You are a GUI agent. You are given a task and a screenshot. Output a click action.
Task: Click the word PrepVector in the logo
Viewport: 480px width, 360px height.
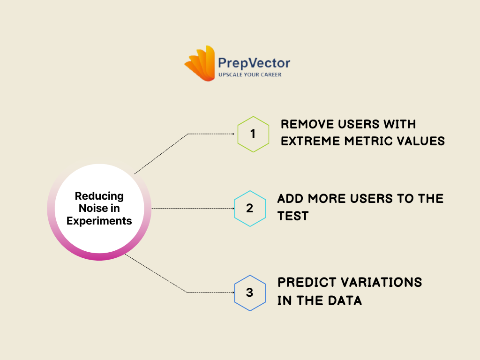tap(254, 63)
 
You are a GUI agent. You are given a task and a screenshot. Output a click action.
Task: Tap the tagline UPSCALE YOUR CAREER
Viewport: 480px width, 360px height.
tap(250, 75)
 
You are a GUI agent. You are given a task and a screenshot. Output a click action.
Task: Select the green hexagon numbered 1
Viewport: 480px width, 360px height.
tap(253, 134)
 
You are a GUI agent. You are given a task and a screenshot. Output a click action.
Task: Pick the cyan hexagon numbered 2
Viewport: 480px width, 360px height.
tap(250, 208)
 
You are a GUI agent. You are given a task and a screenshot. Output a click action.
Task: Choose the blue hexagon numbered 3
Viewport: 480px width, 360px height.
tap(250, 292)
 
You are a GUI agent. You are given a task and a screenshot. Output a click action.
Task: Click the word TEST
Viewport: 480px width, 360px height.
tap(292, 216)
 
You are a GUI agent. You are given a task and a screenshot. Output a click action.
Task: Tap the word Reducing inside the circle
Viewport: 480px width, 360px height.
tap(99, 196)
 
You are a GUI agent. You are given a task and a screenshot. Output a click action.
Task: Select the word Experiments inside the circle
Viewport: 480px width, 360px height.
tap(99, 221)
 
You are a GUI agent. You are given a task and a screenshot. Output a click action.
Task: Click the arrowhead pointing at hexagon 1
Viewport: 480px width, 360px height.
tap(232, 134)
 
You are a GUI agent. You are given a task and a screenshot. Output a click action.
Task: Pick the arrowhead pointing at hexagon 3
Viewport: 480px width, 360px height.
tap(232, 292)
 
